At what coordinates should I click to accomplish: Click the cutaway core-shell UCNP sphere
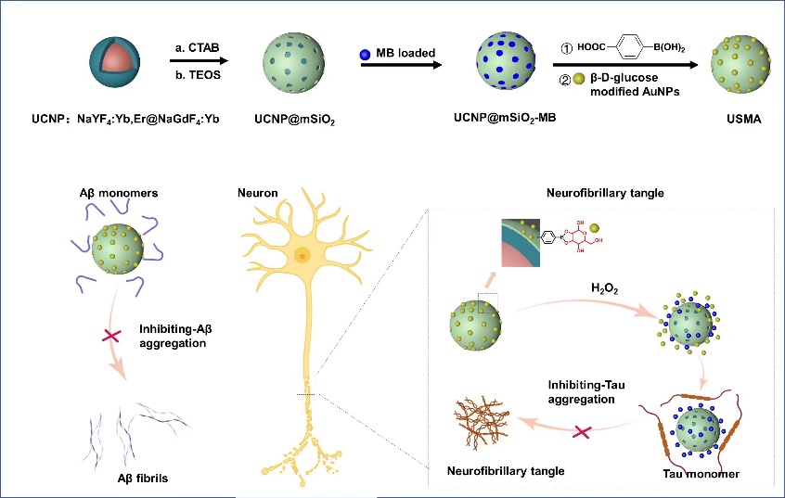[x=119, y=62]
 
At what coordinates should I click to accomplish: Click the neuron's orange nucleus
[x=302, y=255]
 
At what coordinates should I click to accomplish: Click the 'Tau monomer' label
[x=701, y=474]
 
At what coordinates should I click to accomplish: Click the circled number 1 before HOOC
[x=565, y=47]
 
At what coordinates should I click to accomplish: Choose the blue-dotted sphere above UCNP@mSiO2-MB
[x=507, y=61]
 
